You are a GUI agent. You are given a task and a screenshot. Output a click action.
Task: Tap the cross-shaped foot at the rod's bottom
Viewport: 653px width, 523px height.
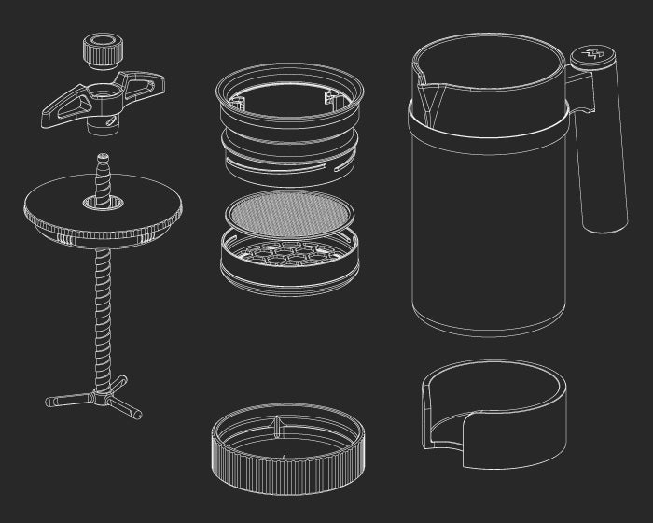[93, 400]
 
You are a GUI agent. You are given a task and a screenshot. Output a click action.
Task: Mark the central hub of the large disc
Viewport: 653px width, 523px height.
[103, 201]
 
